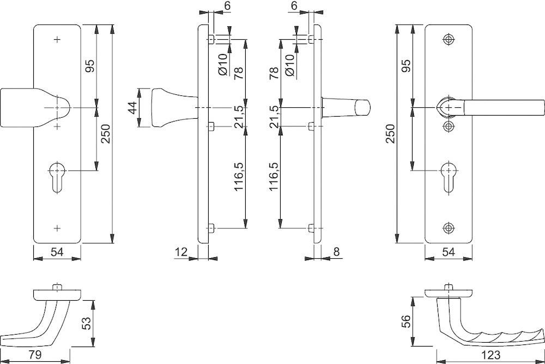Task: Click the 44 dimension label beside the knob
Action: pyautogui.click(x=132, y=108)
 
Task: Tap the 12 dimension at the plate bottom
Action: pyautogui.click(x=181, y=252)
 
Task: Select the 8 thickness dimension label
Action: pyautogui.click(x=336, y=252)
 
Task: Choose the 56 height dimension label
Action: pyautogui.click(x=404, y=321)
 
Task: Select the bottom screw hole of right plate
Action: pyautogui.click(x=449, y=227)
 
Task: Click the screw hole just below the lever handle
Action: pyautogui.click(x=449, y=126)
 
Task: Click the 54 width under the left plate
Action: pyautogui.click(x=57, y=252)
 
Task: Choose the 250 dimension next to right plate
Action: pyautogui.click(x=390, y=134)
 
